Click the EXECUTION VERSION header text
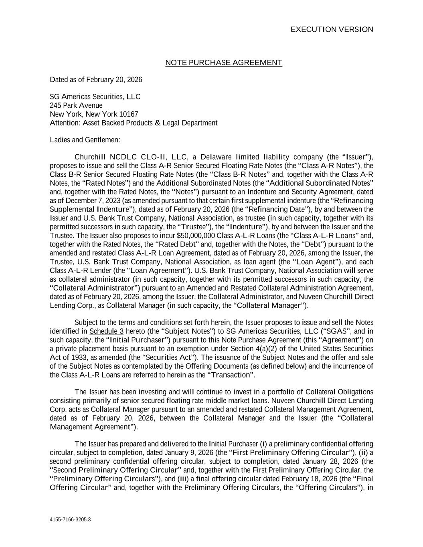click(x=332, y=30)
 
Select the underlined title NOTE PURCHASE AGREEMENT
click(x=224, y=63)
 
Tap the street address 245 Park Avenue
click(x=76, y=105)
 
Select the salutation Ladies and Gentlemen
click(x=85, y=140)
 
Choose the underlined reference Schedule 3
click(x=106, y=331)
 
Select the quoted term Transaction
click(x=230, y=375)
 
